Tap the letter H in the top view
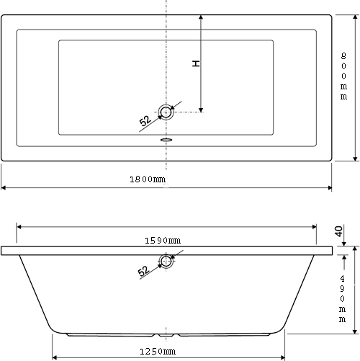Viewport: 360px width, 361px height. click(x=196, y=64)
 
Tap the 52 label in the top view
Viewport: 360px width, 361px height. click(x=145, y=121)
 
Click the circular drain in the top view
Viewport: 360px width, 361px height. click(x=167, y=112)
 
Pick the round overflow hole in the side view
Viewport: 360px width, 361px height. click(x=167, y=262)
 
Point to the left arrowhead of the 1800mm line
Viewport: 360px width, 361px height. click(x=4, y=187)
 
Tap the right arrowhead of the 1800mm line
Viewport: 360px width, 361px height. click(x=328, y=187)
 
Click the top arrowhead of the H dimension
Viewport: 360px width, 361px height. click(x=202, y=16)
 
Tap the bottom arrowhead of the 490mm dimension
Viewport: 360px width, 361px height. click(x=356, y=332)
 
